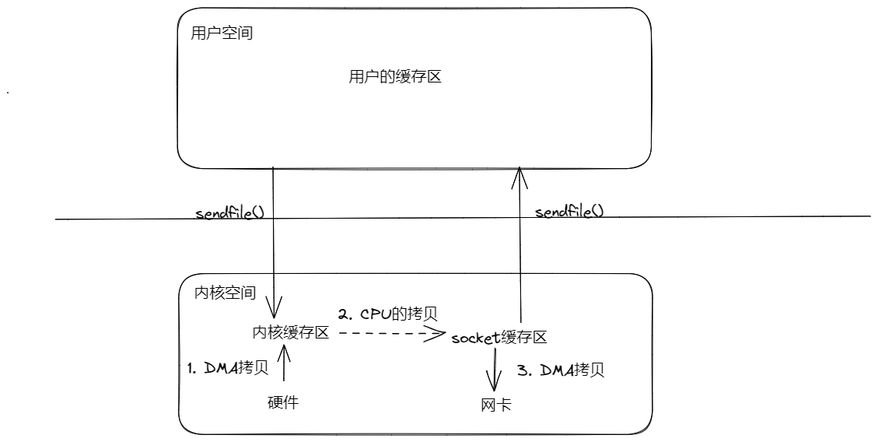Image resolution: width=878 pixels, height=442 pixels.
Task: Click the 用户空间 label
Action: [222, 34]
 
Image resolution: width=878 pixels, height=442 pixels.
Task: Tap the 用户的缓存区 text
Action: [395, 77]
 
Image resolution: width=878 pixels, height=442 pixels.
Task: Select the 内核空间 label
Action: [224, 293]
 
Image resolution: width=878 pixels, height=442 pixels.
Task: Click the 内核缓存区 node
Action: [290, 332]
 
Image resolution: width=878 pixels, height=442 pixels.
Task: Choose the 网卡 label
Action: [495, 405]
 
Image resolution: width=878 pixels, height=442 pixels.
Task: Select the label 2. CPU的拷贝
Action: [387, 314]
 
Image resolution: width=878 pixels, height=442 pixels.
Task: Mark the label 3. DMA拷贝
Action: [561, 370]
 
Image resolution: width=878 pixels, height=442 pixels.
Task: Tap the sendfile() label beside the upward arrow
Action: [569, 210]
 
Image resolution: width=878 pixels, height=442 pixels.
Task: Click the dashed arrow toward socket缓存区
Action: [389, 334]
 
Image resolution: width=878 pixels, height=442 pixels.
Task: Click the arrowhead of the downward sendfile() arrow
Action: [274, 304]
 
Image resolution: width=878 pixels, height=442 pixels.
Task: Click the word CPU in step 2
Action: [376, 314]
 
